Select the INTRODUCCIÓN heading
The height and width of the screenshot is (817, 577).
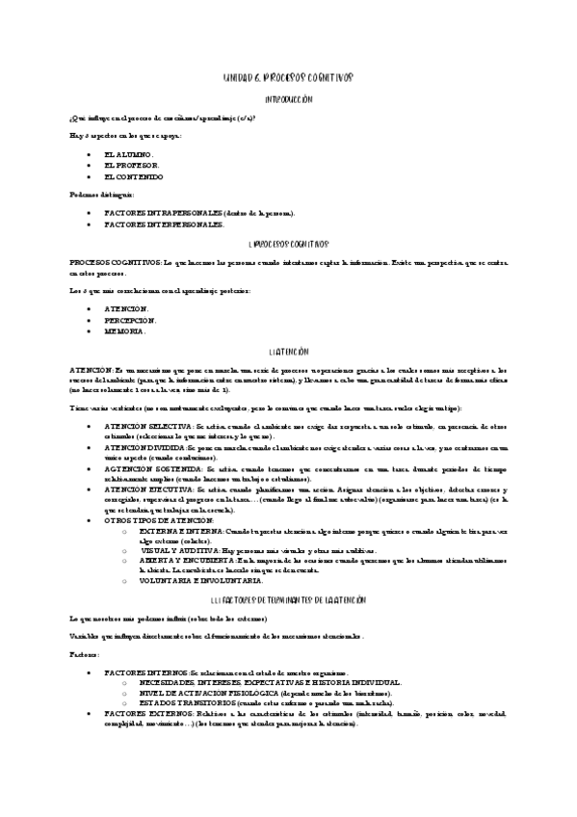point(289,99)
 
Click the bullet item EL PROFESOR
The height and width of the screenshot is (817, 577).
point(132,165)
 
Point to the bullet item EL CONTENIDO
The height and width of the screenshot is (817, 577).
point(134,177)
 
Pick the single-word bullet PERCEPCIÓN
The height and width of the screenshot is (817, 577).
point(130,319)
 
